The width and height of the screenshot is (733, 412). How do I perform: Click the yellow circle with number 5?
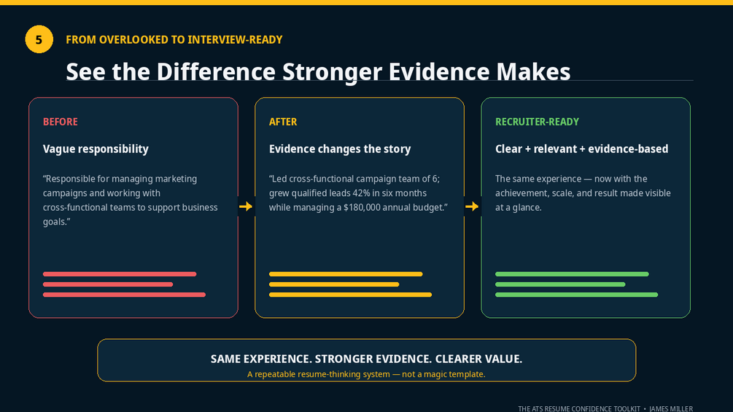tap(39, 39)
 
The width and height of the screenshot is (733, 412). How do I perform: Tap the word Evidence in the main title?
tap(439, 72)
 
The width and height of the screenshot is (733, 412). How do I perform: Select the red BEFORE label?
tap(61, 122)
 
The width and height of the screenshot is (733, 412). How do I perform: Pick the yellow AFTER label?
tap(283, 122)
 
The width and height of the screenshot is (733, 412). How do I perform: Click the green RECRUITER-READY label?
tap(537, 122)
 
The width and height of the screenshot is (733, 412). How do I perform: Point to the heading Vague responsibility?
tap(96, 149)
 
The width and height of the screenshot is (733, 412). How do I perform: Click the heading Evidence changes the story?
tap(340, 149)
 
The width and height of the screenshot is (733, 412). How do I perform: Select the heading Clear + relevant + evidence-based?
tap(581, 149)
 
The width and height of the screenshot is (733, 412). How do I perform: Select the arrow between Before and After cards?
tap(246, 206)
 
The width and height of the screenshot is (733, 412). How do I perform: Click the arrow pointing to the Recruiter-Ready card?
tap(472, 206)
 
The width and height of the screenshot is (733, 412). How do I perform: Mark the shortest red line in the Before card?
tap(108, 284)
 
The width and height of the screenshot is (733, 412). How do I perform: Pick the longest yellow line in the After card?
tap(350, 295)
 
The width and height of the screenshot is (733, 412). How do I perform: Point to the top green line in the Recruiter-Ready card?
tap(572, 274)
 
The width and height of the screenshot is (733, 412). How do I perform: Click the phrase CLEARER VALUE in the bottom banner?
tap(478, 359)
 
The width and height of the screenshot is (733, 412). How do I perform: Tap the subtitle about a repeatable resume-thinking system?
tap(366, 374)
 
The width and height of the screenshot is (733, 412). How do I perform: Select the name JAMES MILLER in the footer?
tap(671, 409)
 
